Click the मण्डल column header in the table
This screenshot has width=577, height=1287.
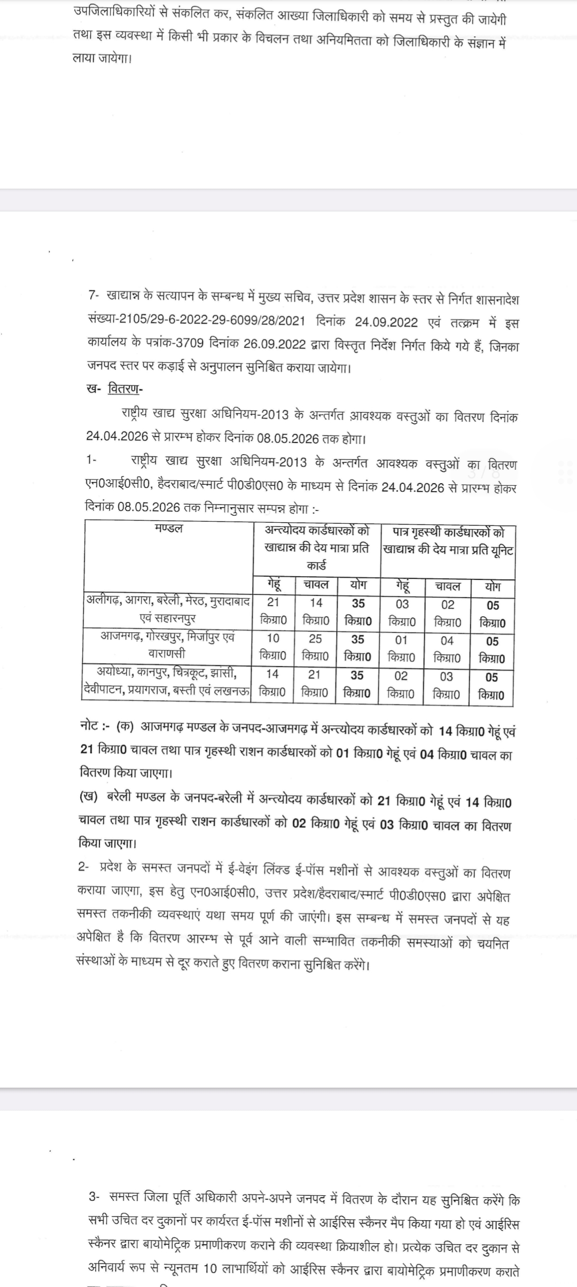168,529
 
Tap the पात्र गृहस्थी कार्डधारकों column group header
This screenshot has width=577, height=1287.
448,541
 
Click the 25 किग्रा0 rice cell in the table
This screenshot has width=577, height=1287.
315,646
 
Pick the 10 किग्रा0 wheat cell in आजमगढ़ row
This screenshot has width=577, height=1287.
272,646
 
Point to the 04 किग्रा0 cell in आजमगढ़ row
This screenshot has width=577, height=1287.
447,648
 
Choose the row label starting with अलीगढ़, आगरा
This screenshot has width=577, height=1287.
168,609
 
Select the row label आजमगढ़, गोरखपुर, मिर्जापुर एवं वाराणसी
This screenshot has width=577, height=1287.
168,645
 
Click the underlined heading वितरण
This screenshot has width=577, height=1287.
123,389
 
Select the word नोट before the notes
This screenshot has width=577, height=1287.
88,727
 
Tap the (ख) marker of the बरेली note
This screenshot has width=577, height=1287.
89,796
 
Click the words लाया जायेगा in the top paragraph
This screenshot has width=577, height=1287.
102,58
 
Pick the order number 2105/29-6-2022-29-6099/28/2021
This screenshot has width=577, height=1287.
212,321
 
